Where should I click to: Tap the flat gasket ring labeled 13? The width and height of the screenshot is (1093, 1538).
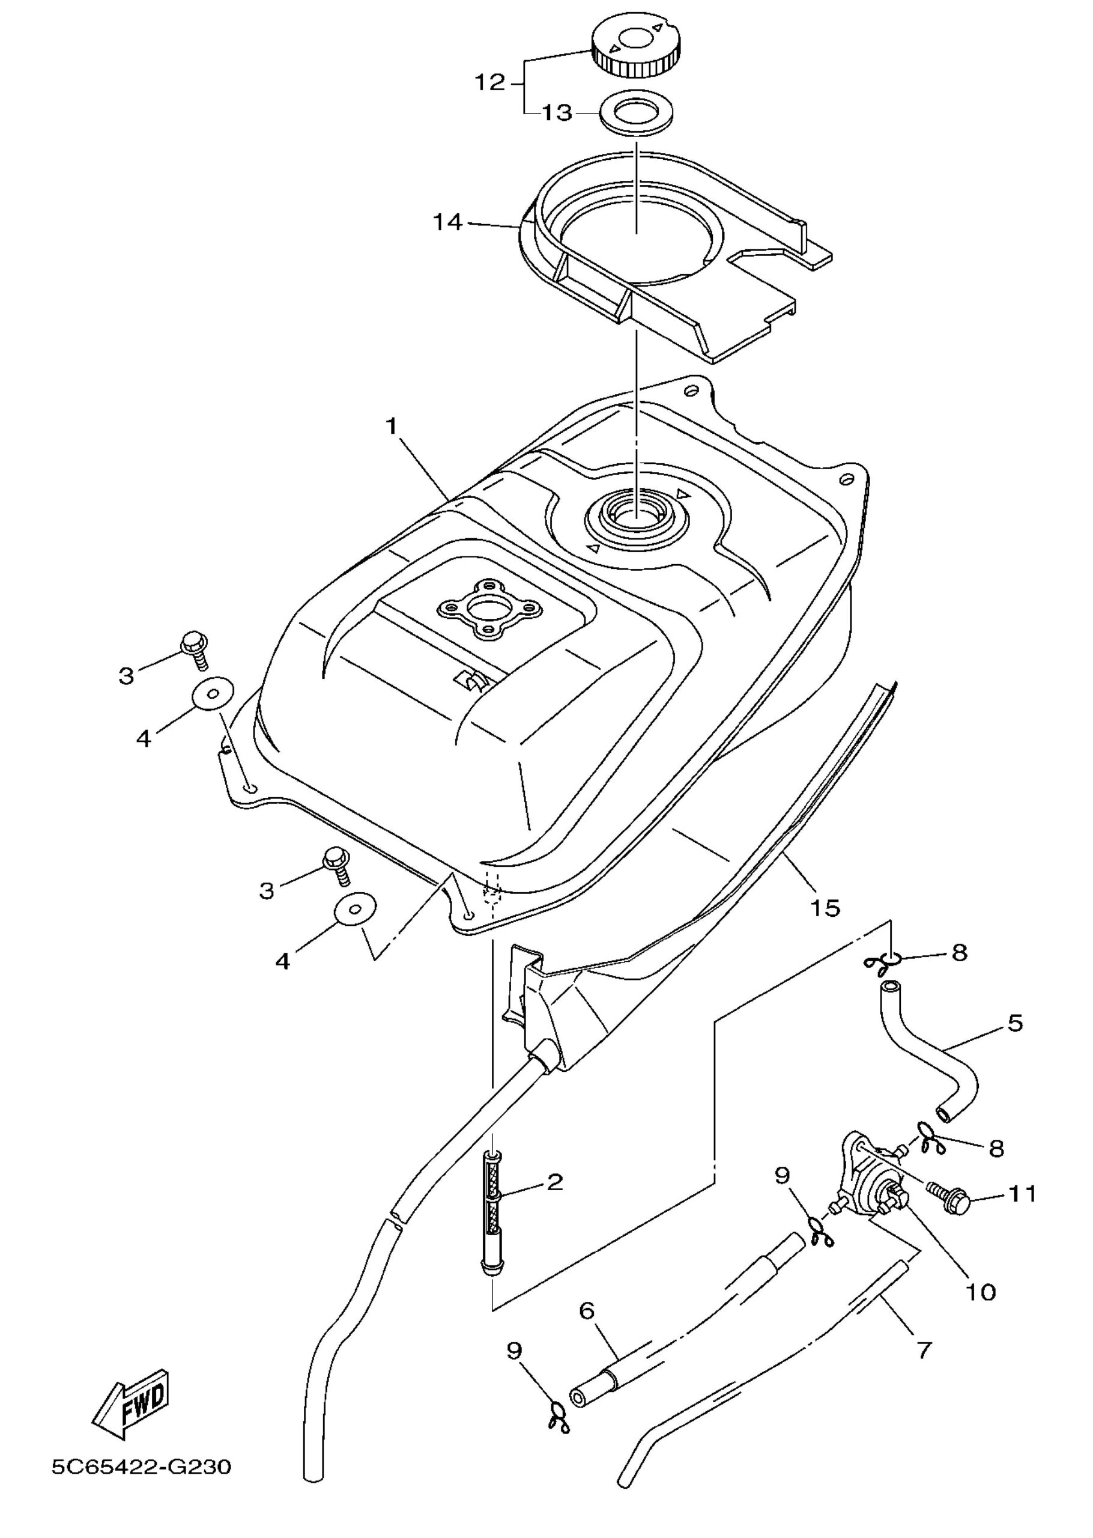tap(637, 112)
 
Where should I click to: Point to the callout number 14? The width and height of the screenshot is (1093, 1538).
tap(447, 222)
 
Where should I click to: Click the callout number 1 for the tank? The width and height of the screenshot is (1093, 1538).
tap(391, 427)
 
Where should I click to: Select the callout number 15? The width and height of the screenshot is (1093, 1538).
tap(826, 908)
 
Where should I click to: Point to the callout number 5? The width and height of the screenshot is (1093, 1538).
tap(1016, 1024)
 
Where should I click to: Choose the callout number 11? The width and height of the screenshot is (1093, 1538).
tap(1022, 1195)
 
